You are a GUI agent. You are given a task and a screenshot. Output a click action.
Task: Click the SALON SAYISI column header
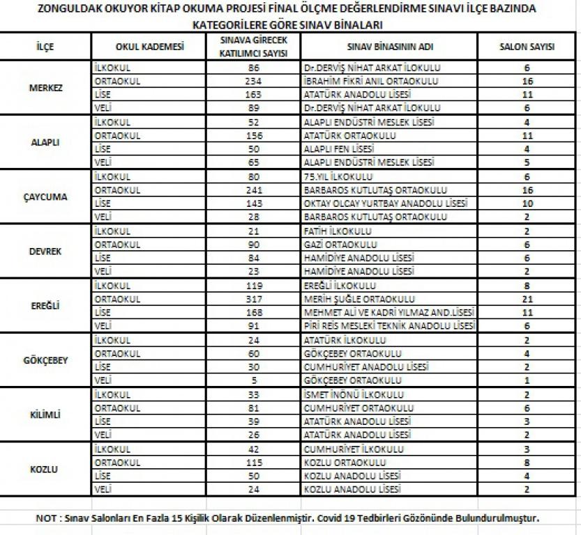pyautogui.click(x=527, y=47)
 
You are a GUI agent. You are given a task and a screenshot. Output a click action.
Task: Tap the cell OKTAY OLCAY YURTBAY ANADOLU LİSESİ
pyautogui.click(x=386, y=203)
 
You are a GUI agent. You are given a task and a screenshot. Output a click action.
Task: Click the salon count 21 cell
pyautogui.click(x=527, y=299)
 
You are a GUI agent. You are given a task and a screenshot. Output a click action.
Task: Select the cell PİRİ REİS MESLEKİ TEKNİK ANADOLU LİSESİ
pyautogui.click(x=389, y=326)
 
